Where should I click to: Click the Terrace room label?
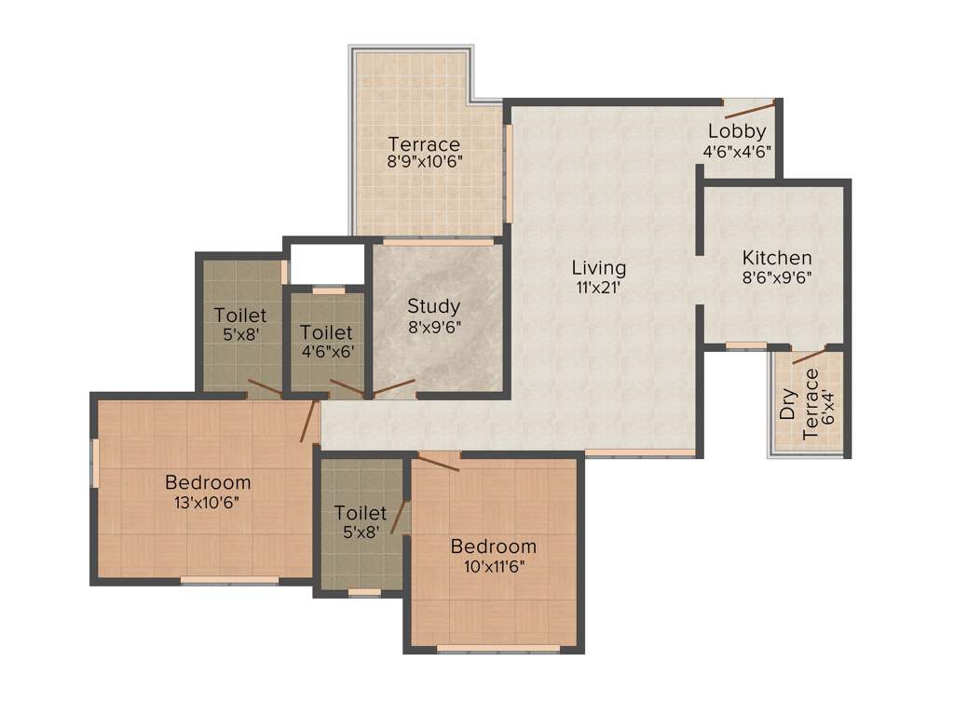coord(424,144)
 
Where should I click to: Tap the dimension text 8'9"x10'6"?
coord(425,160)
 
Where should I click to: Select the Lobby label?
coord(736,131)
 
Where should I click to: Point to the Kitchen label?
coord(777,258)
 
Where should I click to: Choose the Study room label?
coord(434,306)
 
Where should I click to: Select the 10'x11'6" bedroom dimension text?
coord(493,564)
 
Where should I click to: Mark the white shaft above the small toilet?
coord(326,262)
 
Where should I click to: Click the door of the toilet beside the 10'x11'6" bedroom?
coord(399,517)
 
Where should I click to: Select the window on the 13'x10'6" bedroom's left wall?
coord(94,462)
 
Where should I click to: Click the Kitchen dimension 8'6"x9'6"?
coord(777,276)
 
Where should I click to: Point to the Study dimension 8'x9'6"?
coord(434,325)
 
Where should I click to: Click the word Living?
coord(599,269)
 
